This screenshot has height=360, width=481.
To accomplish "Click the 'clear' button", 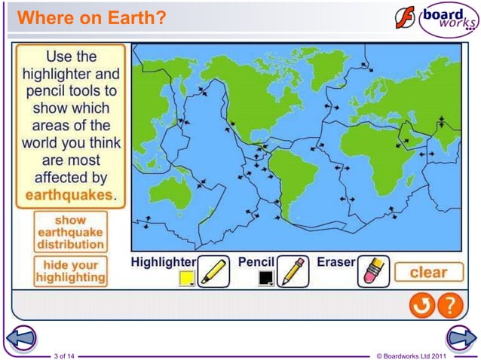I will click(427, 272).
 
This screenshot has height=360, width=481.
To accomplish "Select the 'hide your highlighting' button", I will click(71, 272).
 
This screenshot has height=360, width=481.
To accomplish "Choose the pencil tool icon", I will click(293, 271).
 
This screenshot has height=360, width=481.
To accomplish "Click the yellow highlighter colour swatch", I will click(185, 279).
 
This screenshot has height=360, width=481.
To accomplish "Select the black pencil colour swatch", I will click(265, 279).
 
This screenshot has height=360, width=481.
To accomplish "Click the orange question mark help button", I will click(449, 305).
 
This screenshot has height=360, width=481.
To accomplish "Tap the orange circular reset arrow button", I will click(421, 305).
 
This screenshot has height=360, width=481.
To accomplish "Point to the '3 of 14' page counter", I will click(65, 354).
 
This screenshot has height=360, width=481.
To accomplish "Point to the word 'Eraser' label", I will click(336, 262).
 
